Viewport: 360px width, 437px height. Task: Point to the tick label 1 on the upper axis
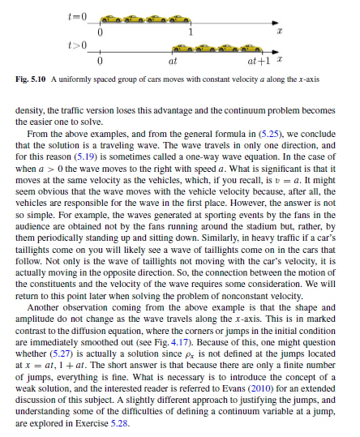coord(190,32)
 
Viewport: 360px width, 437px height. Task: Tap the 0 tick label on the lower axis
coord(99,60)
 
